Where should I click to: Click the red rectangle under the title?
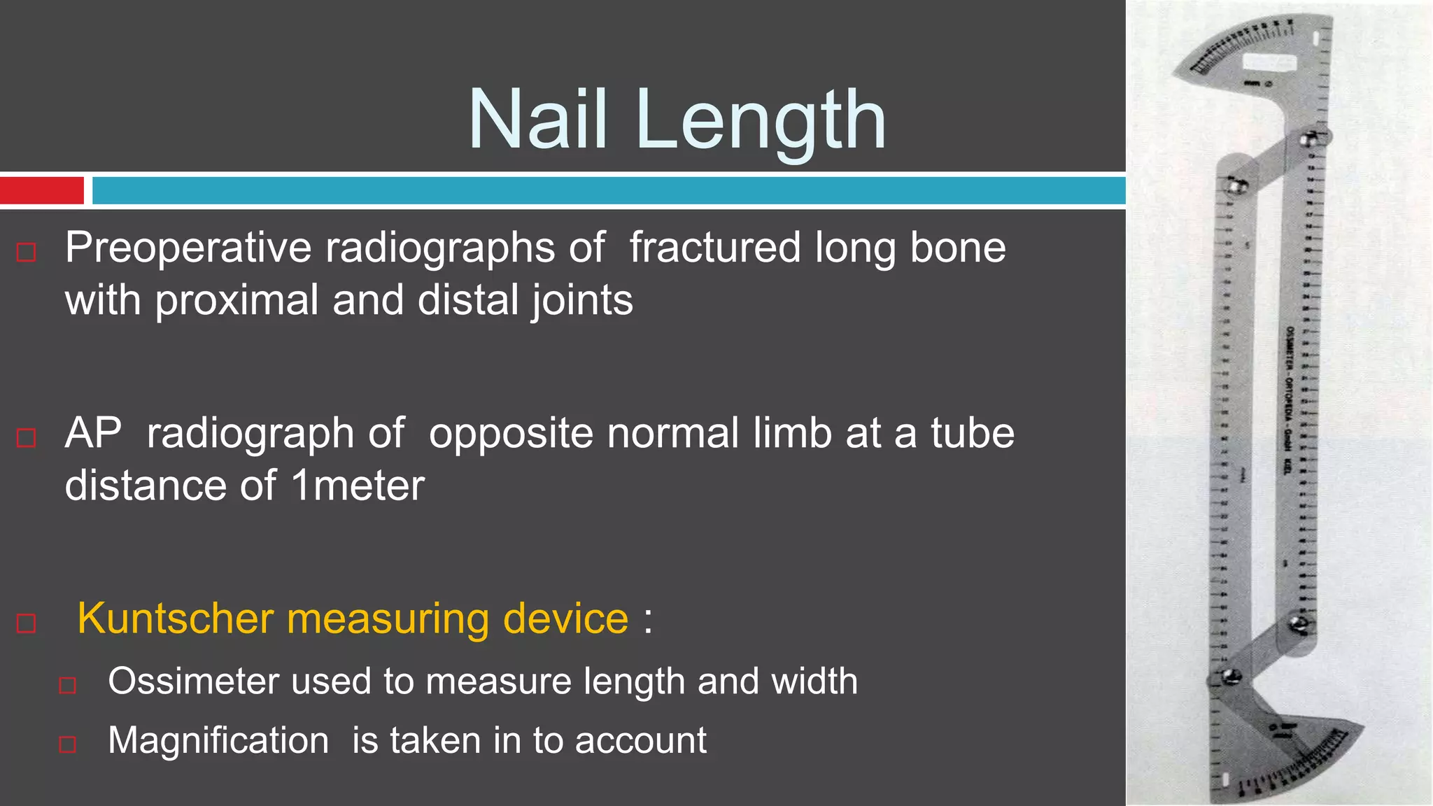[42, 190]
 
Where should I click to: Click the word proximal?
[237, 301]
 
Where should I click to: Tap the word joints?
[581, 301]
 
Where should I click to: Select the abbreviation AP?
[93, 433]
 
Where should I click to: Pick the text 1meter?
[358, 486]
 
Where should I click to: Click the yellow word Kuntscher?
[175, 619]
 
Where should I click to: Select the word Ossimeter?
[192, 681]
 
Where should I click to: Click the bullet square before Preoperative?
[26, 252]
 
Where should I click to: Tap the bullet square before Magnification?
[67, 744]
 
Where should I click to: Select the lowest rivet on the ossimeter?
[1230, 677]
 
